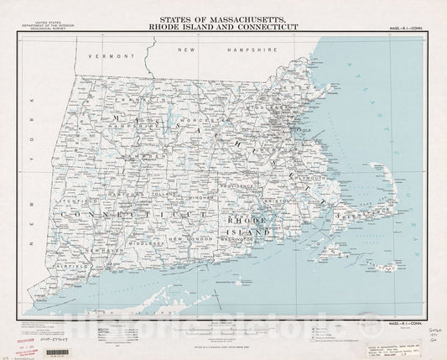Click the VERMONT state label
click(114, 56)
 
